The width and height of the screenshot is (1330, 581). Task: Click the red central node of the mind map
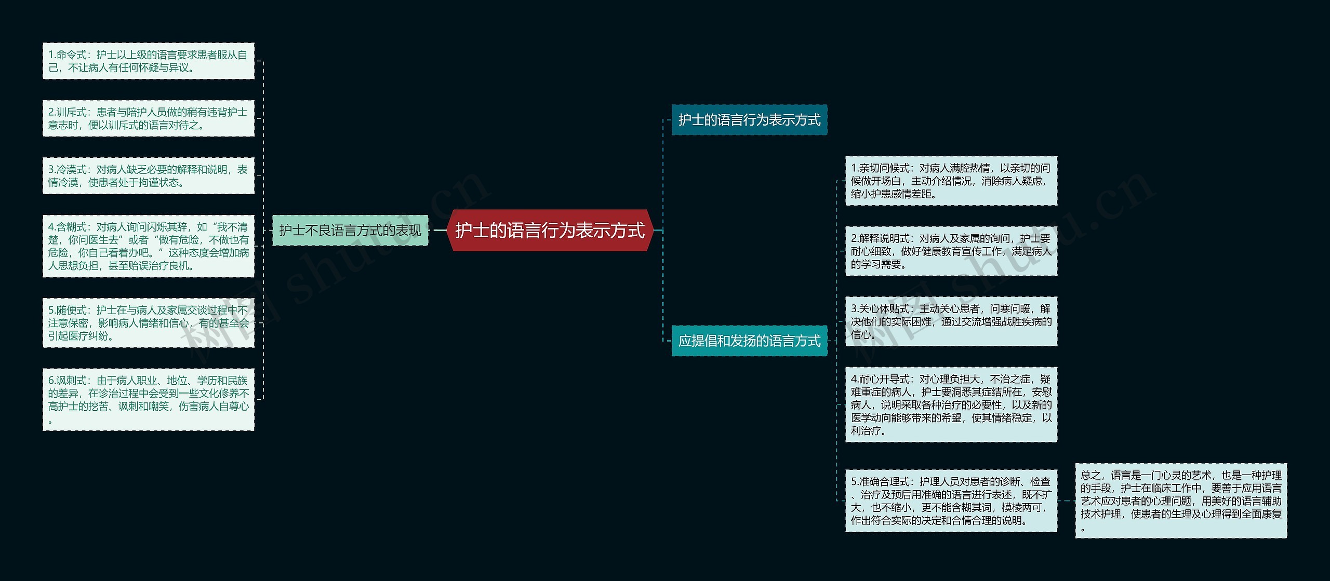(x=550, y=231)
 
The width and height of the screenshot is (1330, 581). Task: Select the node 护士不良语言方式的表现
(x=350, y=231)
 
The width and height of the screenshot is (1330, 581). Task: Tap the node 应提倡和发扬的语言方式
(x=749, y=341)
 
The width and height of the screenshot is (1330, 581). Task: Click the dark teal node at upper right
(x=749, y=120)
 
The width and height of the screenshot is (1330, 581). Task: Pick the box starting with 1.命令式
(x=149, y=61)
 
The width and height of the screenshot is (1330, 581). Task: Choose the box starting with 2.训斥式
(x=149, y=118)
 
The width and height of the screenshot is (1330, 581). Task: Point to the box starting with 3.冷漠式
(x=149, y=176)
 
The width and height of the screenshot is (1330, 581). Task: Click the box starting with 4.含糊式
(x=149, y=246)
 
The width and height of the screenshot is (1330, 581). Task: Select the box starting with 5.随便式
(x=149, y=323)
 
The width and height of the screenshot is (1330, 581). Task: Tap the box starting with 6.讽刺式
(x=149, y=399)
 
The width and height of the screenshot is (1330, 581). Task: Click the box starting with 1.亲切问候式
(x=951, y=181)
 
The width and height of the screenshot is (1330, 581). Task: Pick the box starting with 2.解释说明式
(x=951, y=251)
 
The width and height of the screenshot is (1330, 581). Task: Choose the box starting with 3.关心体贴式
(x=951, y=321)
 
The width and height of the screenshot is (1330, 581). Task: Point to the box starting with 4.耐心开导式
(x=951, y=404)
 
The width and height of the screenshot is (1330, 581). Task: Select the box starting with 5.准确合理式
(x=951, y=501)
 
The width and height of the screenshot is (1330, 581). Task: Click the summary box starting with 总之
(x=1181, y=501)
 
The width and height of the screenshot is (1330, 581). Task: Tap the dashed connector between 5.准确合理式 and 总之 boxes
(x=1066, y=501)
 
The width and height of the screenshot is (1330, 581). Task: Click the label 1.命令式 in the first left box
(x=67, y=55)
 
